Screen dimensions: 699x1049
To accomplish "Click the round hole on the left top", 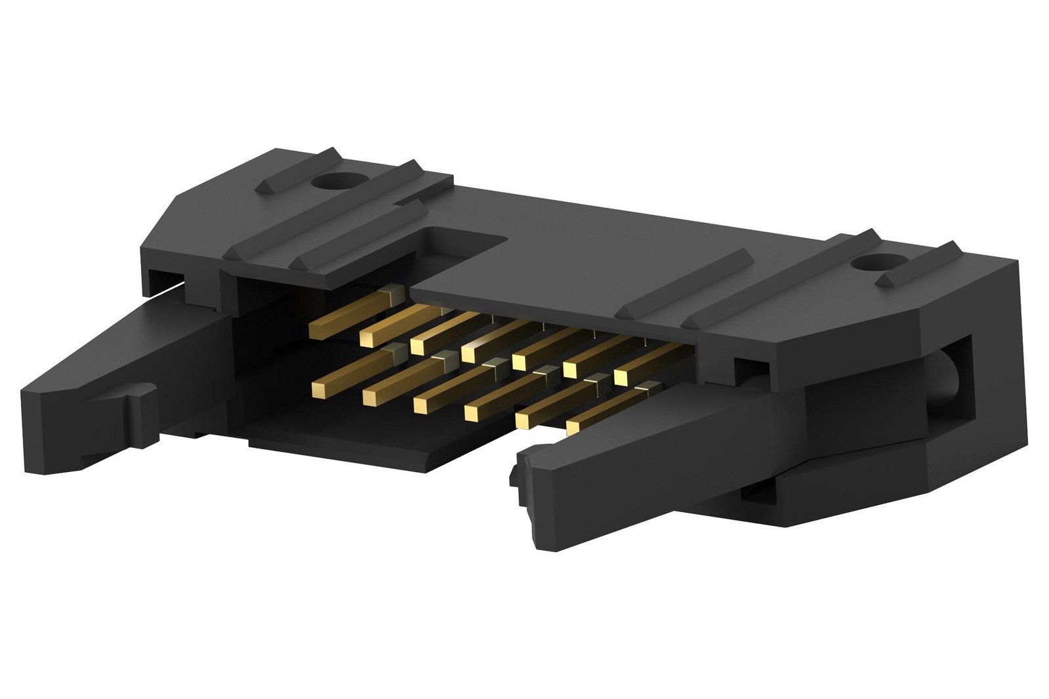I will coord(340,181).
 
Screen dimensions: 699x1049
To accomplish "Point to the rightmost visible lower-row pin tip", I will coord(573,428).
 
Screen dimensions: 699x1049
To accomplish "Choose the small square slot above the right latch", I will coord(750,370).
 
